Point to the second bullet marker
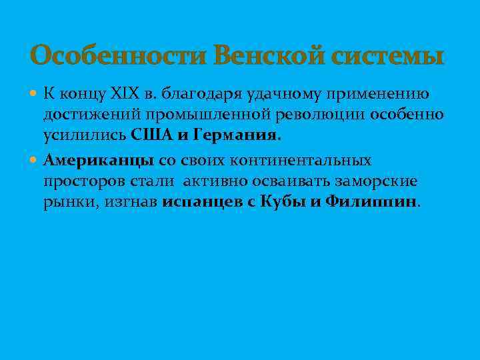[35, 161]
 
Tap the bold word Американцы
[99, 161]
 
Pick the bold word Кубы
[285, 201]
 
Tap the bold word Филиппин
[370, 201]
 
